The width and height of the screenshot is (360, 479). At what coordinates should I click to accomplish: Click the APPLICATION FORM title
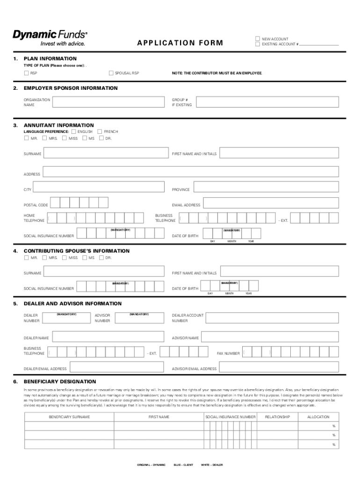click(x=180, y=44)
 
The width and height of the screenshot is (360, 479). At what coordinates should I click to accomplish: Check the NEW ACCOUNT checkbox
click(x=257, y=39)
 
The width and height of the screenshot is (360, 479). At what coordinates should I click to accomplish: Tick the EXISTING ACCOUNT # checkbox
click(x=257, y=44)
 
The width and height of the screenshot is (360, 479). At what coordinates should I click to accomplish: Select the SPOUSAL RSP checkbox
click(x=111, y=73)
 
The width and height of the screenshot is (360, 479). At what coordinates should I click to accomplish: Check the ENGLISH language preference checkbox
click(x=73, y=132)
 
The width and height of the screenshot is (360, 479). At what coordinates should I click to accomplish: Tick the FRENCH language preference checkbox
click(x=100, y=132)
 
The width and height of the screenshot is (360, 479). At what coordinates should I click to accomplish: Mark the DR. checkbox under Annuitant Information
click(x=102, y=138)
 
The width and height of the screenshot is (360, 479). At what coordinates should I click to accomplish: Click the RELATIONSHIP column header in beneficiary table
click(x=277, y=417)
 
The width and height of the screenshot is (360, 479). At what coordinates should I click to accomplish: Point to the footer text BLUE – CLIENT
click(x=183, y=465)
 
